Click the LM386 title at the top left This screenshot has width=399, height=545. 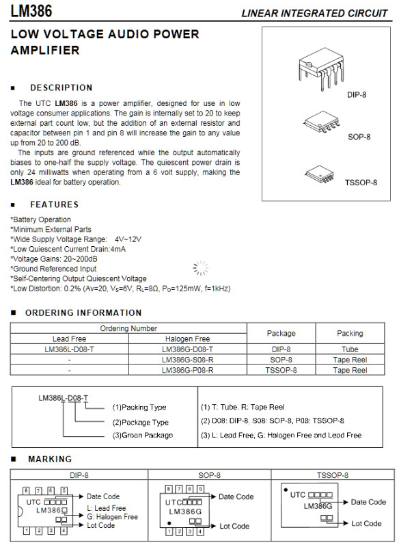pos(31,12)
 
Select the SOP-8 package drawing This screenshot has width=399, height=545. pos(322,122)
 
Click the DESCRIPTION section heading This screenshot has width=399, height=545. pos(61,88)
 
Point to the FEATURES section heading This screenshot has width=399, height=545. pos(54,204)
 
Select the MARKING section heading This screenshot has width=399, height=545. pos(49,460)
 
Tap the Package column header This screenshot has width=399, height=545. pos(281,334)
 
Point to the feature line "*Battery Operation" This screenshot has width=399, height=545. pos(41,220)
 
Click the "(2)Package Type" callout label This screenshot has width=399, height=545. pos(140,423)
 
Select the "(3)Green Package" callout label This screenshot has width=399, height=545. pos(142,436)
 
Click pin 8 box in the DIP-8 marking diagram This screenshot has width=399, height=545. pos(26,490)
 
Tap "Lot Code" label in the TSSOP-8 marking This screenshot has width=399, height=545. pos(366,524)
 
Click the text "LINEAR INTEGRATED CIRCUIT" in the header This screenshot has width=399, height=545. pos(314,13)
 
